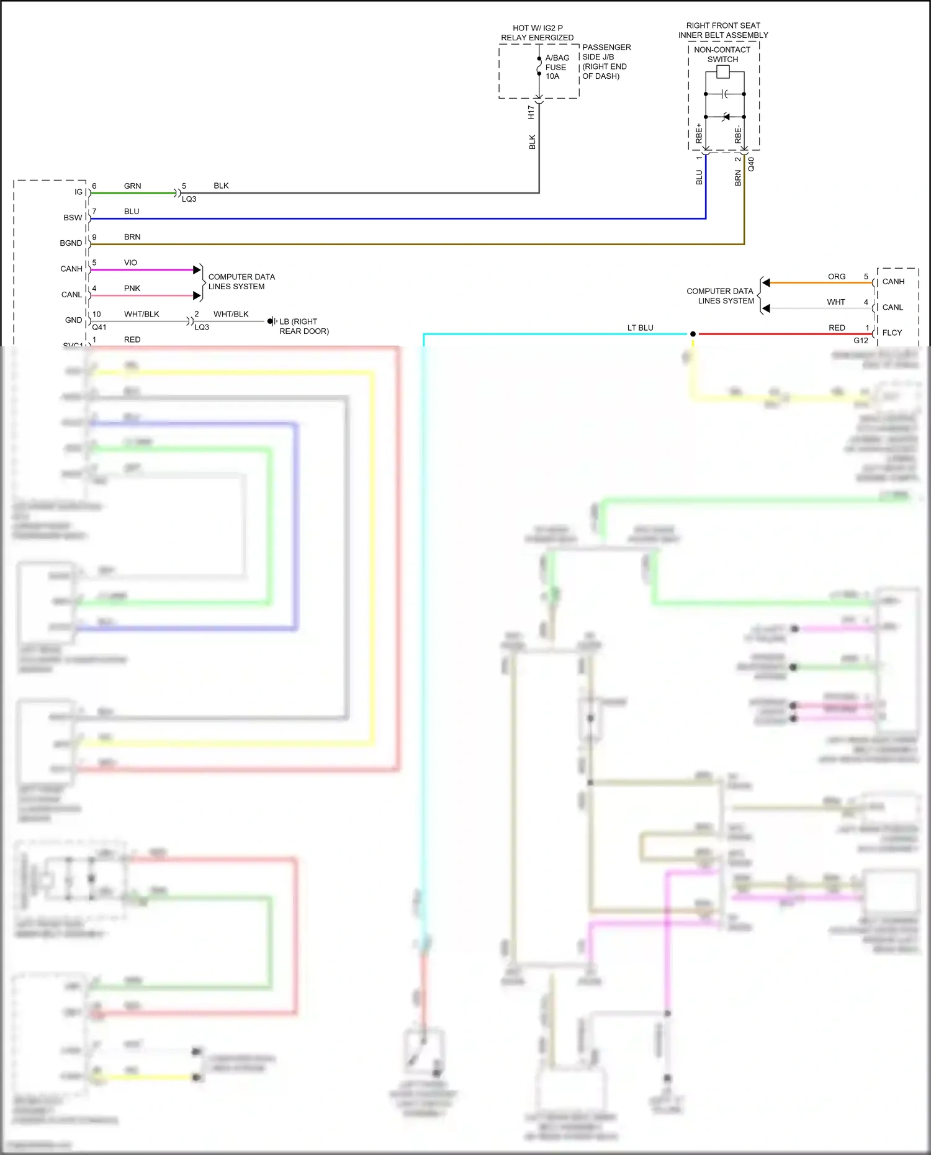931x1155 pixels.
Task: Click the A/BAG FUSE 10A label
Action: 557,67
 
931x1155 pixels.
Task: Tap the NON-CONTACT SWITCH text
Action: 722,55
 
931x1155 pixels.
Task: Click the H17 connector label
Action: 531,112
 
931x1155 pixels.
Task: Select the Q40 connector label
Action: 751,164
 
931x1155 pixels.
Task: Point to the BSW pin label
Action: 73,218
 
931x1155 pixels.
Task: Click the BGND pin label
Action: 71,243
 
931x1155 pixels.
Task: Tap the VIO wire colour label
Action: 130,263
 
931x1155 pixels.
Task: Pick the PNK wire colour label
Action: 132,289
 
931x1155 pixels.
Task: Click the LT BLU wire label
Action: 640,328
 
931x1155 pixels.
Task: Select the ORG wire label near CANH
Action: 836,277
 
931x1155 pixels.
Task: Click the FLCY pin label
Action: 892,333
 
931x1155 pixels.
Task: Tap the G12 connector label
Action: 860,341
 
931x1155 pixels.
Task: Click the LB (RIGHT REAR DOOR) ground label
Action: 304,326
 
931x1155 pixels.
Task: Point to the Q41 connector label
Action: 99,327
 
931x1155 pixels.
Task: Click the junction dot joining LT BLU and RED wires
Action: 693,334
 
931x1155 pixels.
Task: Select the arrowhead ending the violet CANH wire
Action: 197,270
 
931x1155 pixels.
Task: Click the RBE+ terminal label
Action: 699,133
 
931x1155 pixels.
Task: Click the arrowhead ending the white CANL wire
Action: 766,308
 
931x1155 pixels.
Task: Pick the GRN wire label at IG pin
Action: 132,186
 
